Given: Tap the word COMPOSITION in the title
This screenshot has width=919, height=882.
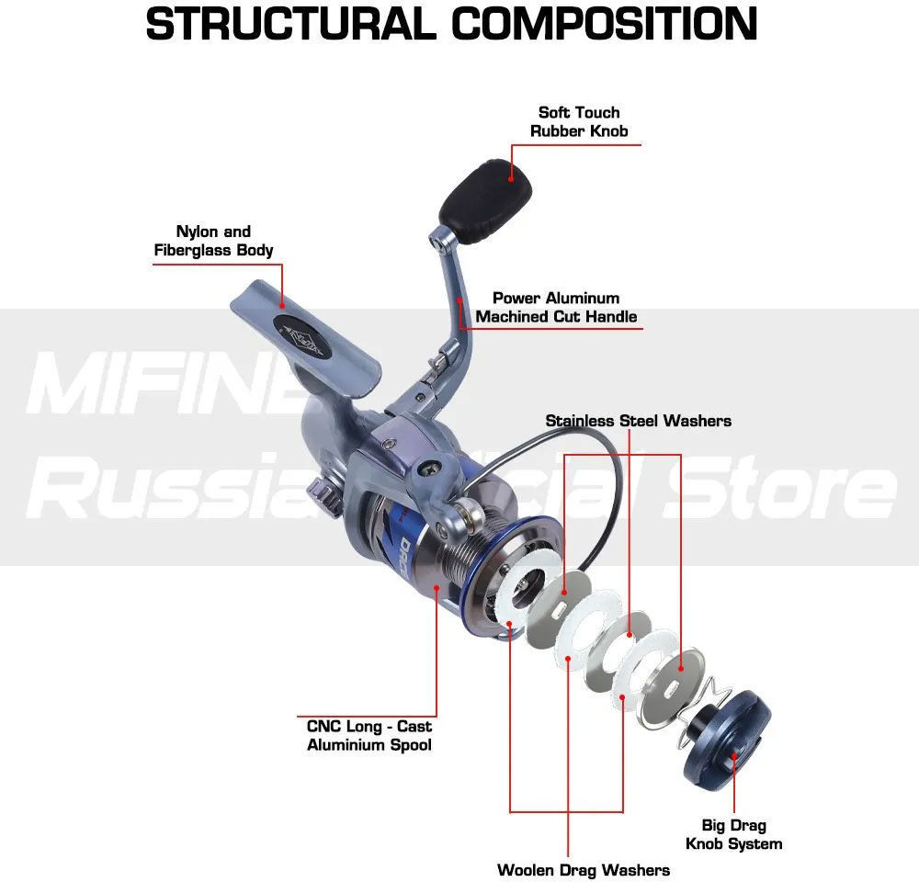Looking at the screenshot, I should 605,24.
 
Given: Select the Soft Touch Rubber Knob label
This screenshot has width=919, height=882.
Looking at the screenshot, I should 579,121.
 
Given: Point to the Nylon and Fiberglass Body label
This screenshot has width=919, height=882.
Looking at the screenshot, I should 213,241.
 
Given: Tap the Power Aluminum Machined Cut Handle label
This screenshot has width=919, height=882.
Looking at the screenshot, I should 556,307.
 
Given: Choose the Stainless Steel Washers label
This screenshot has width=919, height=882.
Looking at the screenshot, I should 638,421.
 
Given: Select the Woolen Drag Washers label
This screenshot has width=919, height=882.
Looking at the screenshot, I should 584,869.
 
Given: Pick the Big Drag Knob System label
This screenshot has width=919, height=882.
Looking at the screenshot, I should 734,834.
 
